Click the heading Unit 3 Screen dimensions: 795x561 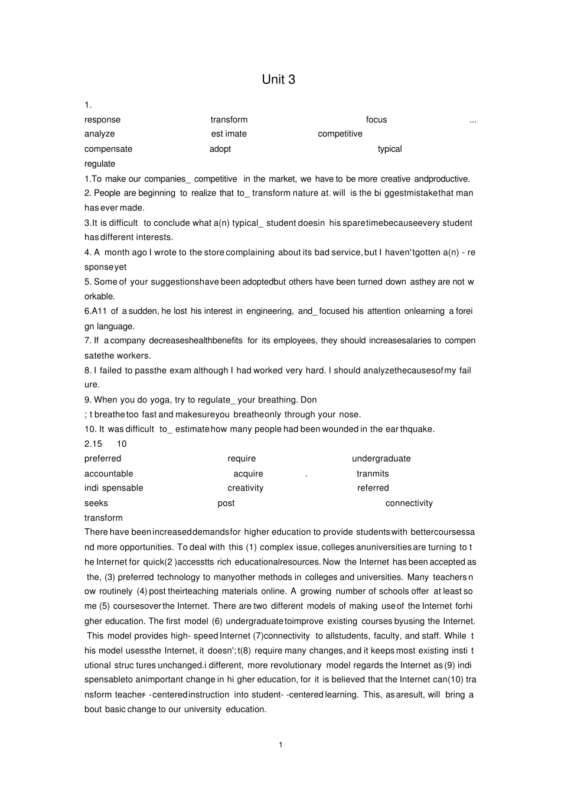278,80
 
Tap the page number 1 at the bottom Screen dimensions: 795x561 280,745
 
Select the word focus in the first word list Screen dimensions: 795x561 376,120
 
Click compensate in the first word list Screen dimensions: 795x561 108,149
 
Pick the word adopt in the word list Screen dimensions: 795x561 220,149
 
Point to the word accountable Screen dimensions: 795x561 109,473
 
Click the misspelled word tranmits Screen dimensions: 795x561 373,473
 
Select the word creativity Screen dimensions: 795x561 245,488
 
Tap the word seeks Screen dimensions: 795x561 96,503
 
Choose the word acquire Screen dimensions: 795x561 248,473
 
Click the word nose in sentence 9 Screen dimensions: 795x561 348,414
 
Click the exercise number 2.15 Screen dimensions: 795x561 93,444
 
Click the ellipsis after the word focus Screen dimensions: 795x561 472,121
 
